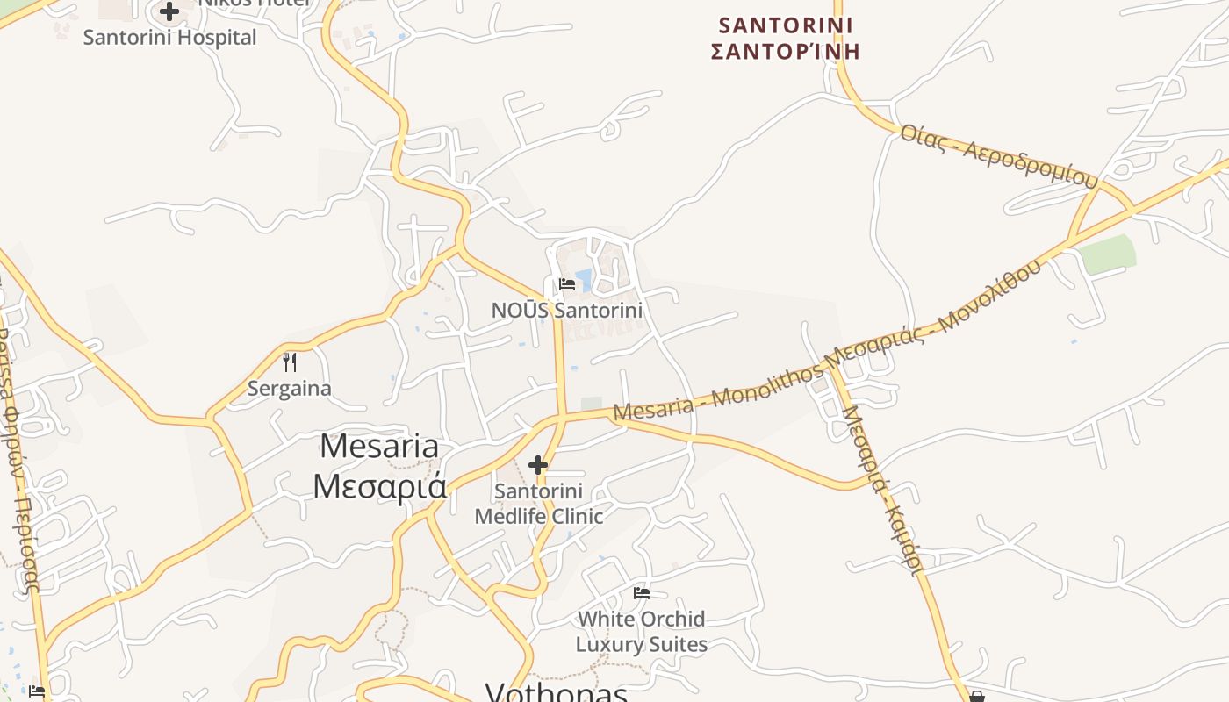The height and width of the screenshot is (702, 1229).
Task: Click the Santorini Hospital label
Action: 169,38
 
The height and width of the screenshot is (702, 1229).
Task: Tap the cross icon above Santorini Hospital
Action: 169,11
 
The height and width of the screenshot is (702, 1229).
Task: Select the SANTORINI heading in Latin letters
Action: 785,25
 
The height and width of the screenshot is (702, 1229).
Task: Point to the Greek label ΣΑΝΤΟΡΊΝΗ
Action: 785,51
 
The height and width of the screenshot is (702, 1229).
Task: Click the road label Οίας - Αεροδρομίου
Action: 999,156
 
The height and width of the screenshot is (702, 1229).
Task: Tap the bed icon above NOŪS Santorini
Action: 567,284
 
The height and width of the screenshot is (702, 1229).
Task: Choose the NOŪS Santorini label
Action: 567,310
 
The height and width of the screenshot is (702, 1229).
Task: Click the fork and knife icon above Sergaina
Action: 290,362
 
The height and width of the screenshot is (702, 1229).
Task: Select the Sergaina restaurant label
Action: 290,388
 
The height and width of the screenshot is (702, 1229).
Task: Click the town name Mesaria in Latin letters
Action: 379,446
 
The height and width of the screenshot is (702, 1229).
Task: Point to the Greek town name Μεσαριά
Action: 379,485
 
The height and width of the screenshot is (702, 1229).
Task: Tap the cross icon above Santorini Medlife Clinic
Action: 538,464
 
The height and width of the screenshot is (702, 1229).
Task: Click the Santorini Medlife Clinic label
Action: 538,504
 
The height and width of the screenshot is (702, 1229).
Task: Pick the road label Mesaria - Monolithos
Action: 718,395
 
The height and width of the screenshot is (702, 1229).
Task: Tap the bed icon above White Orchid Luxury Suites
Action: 642,593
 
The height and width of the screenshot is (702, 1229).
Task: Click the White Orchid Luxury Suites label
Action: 642,632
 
